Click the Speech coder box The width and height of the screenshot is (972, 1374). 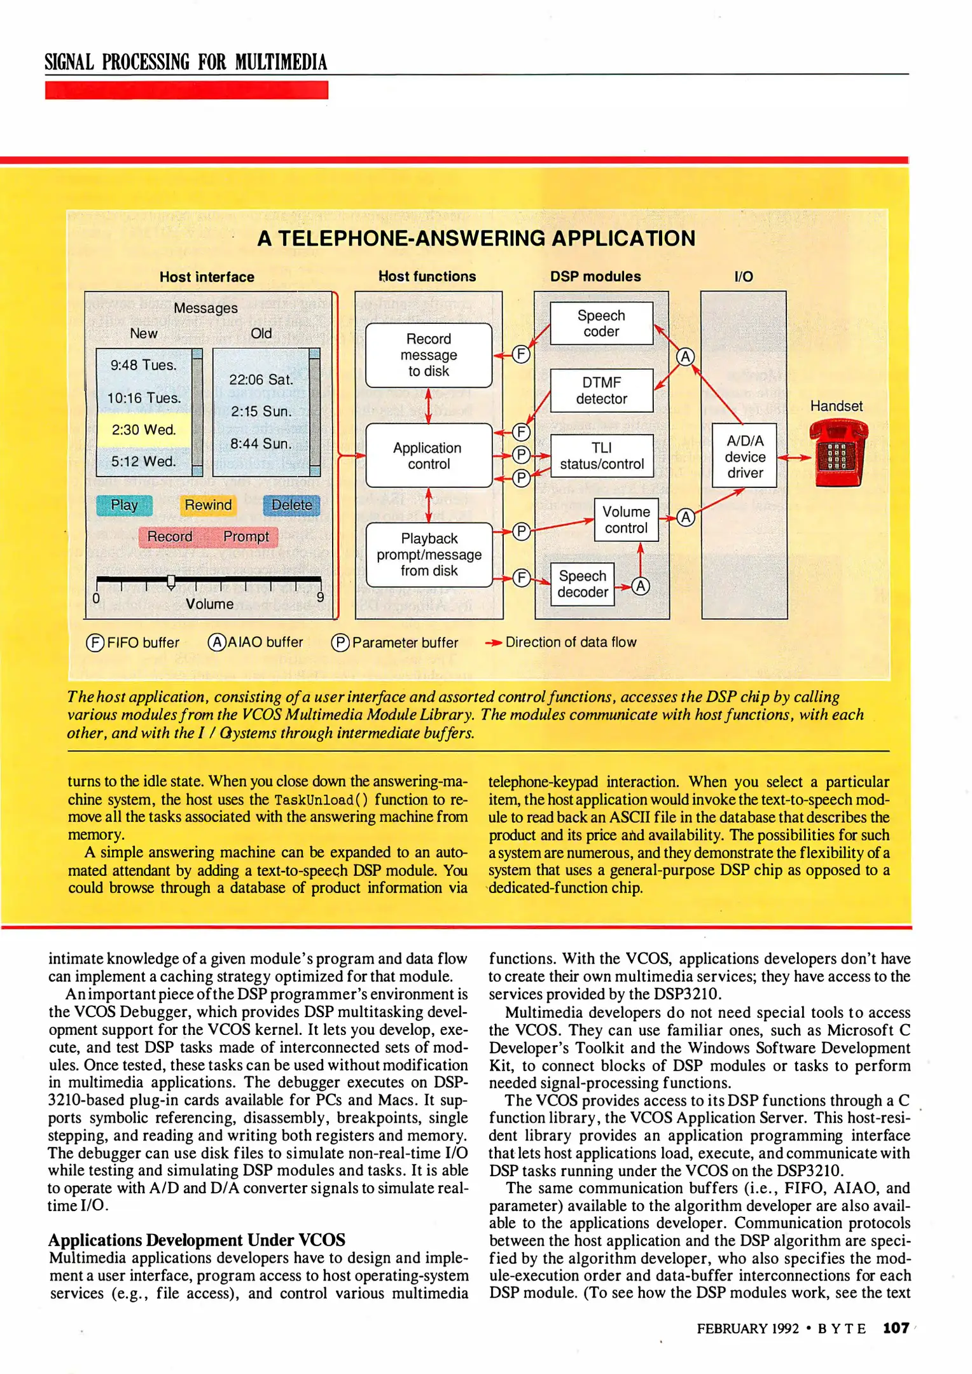pyautogui.click(x=601, y=323)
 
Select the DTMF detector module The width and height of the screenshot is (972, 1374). pyautogui.click(x=601, y=391)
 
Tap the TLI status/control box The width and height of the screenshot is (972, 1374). pyautogui.click(x=601, y=456)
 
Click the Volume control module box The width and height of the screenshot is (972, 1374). pyautogui.click(x=626, y=520)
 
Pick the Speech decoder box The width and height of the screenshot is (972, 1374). pyautogui.click(x=582, y=584)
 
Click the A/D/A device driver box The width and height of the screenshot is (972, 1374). pyautogui.click(x=744, y=456)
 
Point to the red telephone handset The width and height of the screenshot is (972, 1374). pyautogui.click(x=838, y=455)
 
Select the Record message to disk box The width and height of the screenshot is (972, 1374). pyautogui.click(x=428, y=355)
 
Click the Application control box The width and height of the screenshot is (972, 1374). pyautogui.click(x=428, y=455)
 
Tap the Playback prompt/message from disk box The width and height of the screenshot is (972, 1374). pyautogui.click(x=429, y=555)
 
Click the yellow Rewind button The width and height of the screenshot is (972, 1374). pyautogui.click(x=208, y=505)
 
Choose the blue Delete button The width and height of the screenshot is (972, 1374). pyautogui.click(x=292, y=505)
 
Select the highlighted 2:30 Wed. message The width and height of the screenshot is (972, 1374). pyautogui.click(x=144, y=429)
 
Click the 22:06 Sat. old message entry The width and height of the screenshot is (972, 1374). pyautogui.click(x=261, y=380)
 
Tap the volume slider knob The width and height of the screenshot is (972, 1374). pyautogui.click(x=171, y=581)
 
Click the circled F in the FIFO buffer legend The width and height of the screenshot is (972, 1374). pyautogui.click(x=95, y=642)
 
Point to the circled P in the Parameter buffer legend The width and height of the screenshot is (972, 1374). pyautogui.click(x=340, y=642)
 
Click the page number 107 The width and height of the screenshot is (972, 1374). pyautogui.click(x=896, y=1328)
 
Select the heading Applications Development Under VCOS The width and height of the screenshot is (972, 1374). pyautogui.click(x=197, y=1240)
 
